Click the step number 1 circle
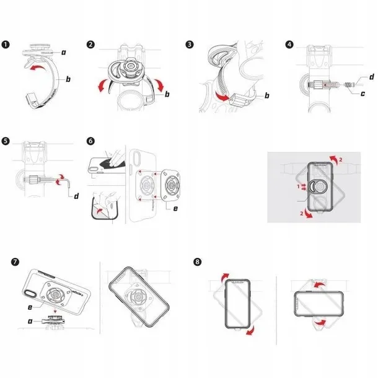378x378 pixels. pyautogui.click(x=7, y=45)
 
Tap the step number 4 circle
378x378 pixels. pyautogui.click(x=289, y=45)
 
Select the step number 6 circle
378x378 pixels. pyautogui.click(x=91, y=141)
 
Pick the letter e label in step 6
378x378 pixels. pyautogui.click(x=176, y=209)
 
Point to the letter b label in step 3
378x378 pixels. pyautogui.click(x=266, y=95)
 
